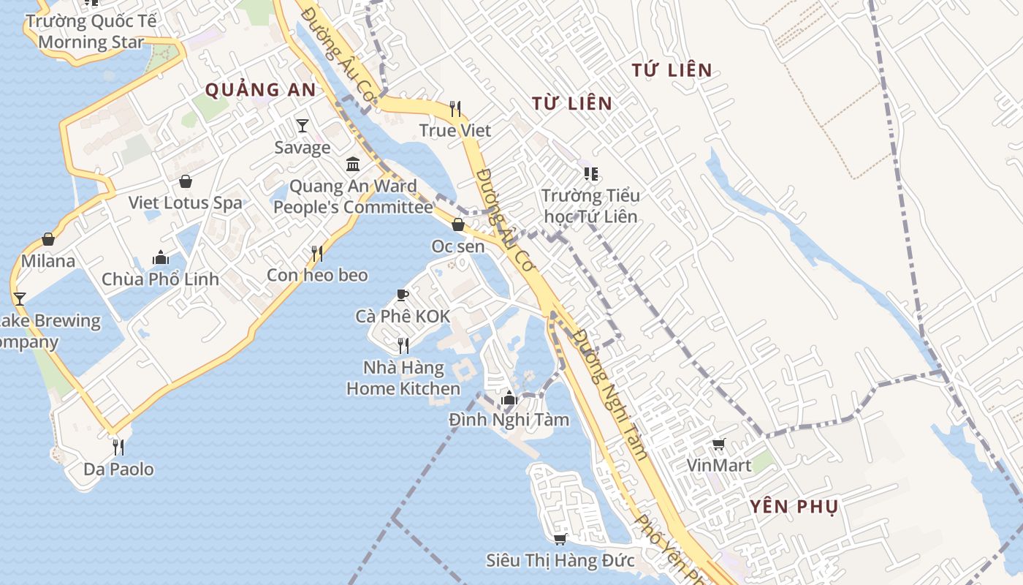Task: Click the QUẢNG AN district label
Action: tap(260, 90)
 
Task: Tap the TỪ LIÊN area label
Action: tap(572, 103)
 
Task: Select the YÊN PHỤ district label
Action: tap(794, 507)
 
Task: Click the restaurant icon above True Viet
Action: tap(455, 110)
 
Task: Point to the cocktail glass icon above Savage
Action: tap(303, 126)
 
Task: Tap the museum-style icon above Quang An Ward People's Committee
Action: tap(353, 163)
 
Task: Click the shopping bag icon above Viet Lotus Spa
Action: tap(186, 181)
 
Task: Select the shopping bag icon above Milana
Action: tap(48, 239)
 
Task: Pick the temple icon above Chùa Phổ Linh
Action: tap(161, 257)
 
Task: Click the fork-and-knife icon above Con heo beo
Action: tap(317, 254)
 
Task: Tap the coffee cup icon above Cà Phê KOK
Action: tap(402, 295)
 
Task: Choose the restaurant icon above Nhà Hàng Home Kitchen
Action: tap(403, 345)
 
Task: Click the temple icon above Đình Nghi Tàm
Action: tap(509, 399)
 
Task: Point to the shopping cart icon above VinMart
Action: tap(719, 444)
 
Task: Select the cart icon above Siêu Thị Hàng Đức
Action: tap(560, 539)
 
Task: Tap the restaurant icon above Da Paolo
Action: tap(118, 447)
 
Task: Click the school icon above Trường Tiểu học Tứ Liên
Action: tap(590, 174)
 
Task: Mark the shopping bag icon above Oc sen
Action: tap(458, 224)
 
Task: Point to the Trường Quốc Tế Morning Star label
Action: tap(91, 31)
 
